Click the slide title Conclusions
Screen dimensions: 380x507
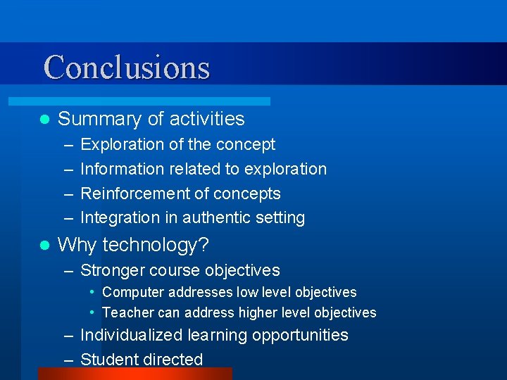pos(127,68)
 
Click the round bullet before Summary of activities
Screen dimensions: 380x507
pos(44,119)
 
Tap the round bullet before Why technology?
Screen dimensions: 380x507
pos(44,246)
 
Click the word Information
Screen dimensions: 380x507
pos(122,169)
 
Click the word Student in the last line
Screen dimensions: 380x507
pos(109,360)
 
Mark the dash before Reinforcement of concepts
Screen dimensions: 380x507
pos(68,194)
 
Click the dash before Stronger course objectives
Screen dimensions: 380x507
pos(68,270)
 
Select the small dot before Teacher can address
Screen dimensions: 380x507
pos(93,312)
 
